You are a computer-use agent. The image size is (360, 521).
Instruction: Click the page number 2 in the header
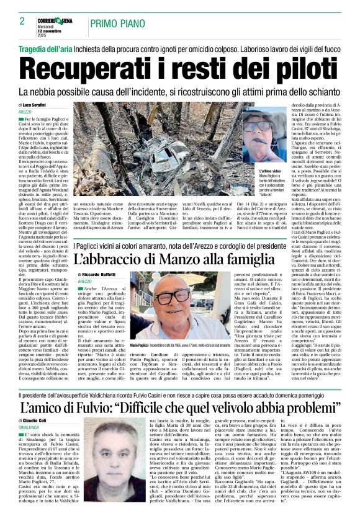[x=22, y=21]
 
